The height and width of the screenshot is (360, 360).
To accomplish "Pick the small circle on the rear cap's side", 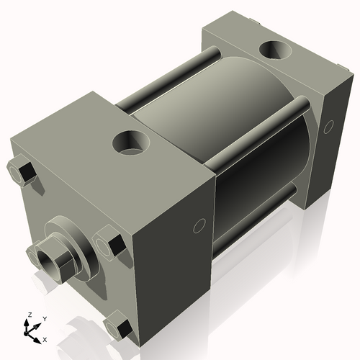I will pyautogui.click(x=329, y=126).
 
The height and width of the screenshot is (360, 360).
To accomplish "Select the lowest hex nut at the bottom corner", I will pyautogui.click(x=118, y=328).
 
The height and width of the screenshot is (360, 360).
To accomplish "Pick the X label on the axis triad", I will pyautogui.click(x=45, y=338).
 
